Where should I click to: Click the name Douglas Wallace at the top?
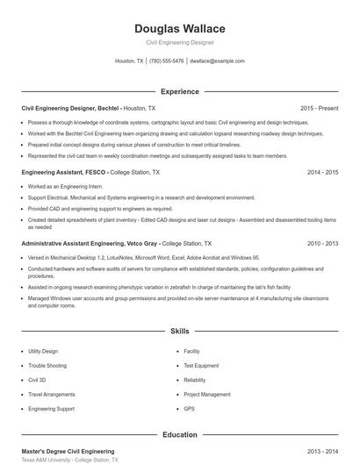pos(179,28)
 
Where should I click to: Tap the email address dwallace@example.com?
pos(217,61)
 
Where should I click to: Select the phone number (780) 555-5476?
pos(166,61)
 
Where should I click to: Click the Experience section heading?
pos(179,91)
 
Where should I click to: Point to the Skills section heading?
pos(179,332)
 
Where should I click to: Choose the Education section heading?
pos(179,434)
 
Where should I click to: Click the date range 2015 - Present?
pos(319,108)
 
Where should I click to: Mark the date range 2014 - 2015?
pos(322,173)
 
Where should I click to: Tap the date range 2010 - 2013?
pos(322,242)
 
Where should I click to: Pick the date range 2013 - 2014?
pos(322,451)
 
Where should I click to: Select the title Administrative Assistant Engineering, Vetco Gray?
pos(90,242)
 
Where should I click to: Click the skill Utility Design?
pos(43,351)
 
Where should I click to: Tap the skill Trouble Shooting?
pos(47,366)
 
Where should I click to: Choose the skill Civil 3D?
pos(38,380)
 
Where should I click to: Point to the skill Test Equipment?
pos(201,366)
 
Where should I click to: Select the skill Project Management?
pos(207,395)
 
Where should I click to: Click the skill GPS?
pos(189,409)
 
